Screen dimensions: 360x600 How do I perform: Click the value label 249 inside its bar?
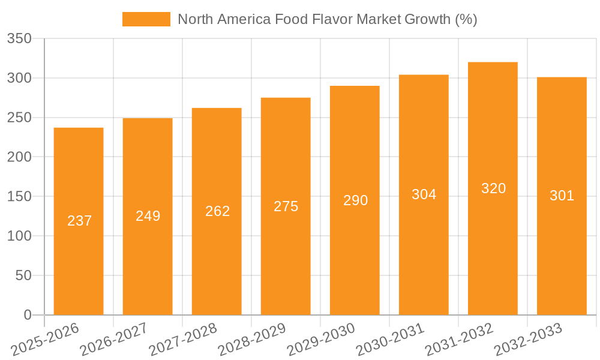click(148, 216)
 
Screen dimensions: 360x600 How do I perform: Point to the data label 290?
click(355, 200)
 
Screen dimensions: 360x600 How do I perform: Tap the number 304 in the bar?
click(424, 194)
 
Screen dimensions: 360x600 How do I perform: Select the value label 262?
click(217, 211)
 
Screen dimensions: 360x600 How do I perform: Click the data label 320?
click(493, 188)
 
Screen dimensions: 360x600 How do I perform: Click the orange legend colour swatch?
click(146, 19)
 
